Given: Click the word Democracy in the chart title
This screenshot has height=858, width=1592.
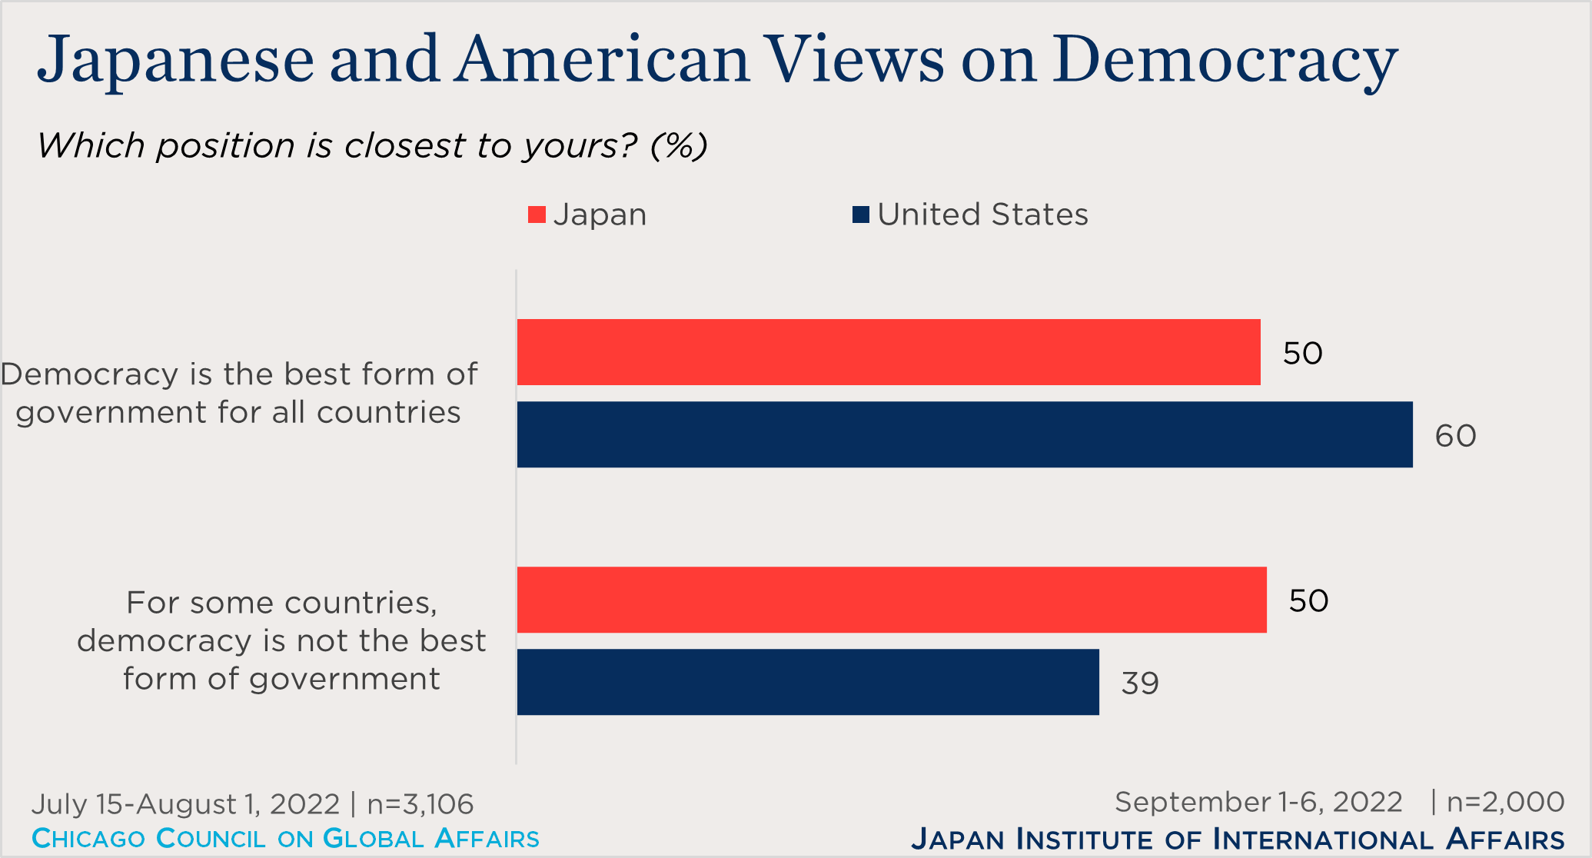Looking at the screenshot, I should pos(1225,60).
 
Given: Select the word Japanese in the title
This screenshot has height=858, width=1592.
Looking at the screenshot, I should pos(175,60).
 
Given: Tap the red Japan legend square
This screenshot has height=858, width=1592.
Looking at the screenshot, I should pos(537,214).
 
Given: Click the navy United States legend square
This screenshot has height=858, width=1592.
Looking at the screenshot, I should pos(860,214).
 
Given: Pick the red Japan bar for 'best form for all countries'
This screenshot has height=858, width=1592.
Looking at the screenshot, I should pos(888,352).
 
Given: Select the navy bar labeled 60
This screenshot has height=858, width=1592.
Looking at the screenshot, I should pos(964,434).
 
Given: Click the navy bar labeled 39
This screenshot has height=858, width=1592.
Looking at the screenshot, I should pos(807,682).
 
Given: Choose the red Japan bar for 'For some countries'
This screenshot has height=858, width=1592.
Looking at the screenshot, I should pos(891,600).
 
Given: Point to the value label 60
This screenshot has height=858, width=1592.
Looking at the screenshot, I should pos(1455,436).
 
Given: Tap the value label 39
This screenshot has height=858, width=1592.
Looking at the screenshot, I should pos(1139,683).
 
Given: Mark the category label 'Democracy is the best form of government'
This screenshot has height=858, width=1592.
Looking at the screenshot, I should pos(239,393).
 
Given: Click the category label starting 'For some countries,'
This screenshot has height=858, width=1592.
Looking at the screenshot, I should pos(281,640).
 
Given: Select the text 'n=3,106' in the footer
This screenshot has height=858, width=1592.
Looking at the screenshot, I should pos(420,804).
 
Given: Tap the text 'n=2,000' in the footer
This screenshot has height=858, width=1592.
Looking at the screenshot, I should pos(1504,802).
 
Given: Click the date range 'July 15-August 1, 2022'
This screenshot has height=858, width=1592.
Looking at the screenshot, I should pos(185,804).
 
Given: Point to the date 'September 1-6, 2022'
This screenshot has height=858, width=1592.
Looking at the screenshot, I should pos(1258,802).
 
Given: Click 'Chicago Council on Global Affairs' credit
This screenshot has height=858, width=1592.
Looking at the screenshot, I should pos(285,838).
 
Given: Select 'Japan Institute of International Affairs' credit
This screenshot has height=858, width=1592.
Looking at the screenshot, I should pos(1237,839).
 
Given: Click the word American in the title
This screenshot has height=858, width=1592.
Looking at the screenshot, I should pos(601,60).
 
